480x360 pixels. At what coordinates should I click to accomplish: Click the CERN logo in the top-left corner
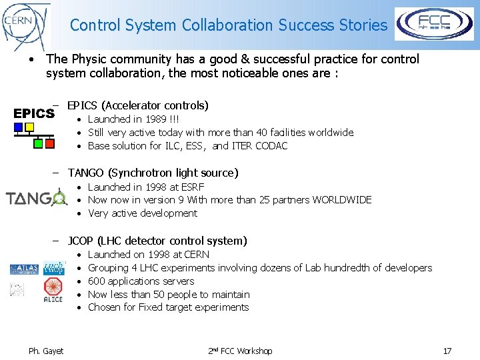[25, 25]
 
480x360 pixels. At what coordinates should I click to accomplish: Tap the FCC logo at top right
[434, 25]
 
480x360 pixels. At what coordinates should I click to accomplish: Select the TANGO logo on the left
[36, 198]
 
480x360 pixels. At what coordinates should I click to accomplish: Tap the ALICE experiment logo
[53, 290]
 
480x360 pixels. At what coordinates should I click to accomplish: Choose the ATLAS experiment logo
[24, 269]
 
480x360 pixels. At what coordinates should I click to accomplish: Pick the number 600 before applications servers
[97, 281]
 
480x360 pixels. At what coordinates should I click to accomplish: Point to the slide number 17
[447, 351]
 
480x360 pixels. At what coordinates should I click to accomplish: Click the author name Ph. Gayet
[46, 351]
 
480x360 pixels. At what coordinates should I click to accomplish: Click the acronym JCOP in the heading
[81, 241]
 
